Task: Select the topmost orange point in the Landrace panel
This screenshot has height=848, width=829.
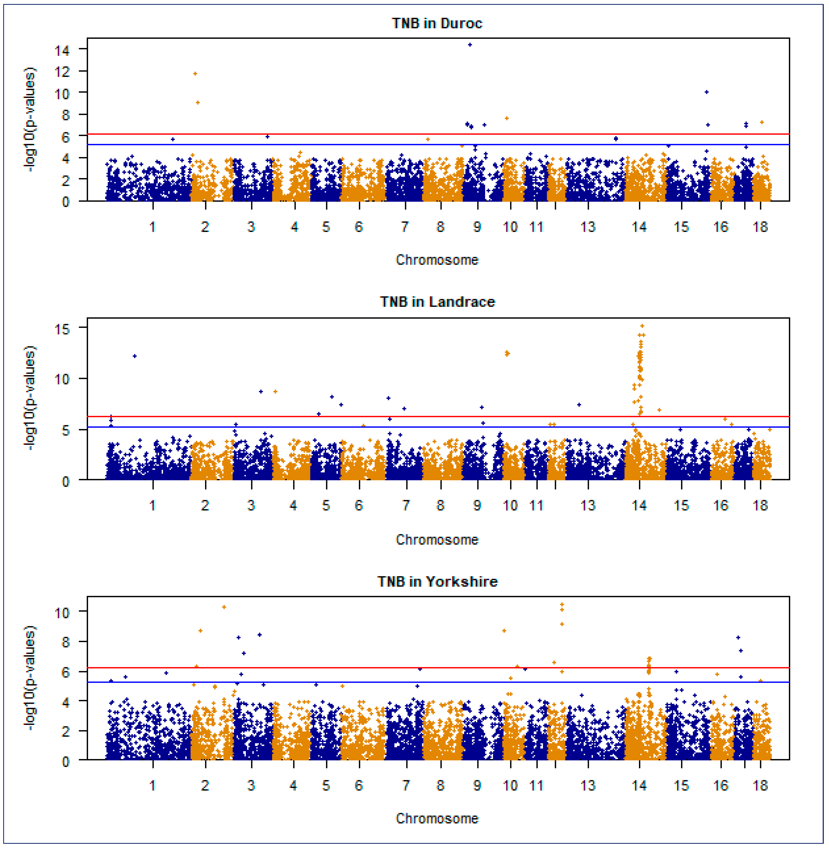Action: click(x=642, y=326)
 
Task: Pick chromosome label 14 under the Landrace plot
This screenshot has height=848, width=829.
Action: click(x=639, y=506)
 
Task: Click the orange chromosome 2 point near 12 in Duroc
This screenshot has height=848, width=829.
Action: click(x=195, y=74)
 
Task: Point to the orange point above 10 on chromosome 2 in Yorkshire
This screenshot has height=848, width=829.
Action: click(x=224, y=607)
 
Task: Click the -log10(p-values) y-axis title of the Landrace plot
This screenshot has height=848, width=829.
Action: click(x=30, y=398)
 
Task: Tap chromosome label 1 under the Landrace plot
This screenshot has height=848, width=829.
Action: click(x=152, y=506)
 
